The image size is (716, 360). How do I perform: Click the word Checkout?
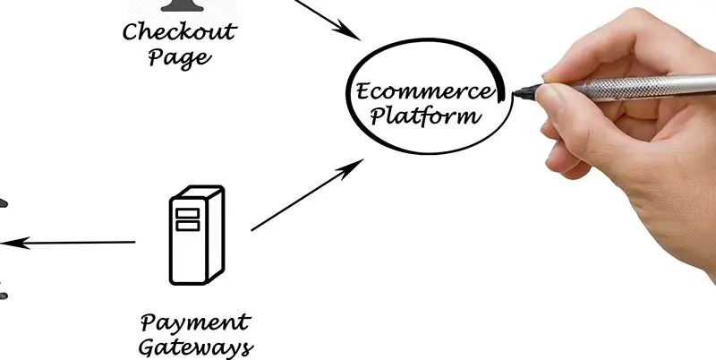pos(179,33)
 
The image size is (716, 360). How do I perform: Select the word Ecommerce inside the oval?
pos(423,91)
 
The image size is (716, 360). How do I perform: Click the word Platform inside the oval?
pos(426,116)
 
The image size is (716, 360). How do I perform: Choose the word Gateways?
pos(196,347)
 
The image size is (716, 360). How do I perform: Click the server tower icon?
pos(194,234)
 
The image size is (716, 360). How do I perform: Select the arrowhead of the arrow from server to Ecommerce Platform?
pos(358,164)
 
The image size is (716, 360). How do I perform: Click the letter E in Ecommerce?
pos(362,91)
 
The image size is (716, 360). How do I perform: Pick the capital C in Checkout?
pos(131,33)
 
